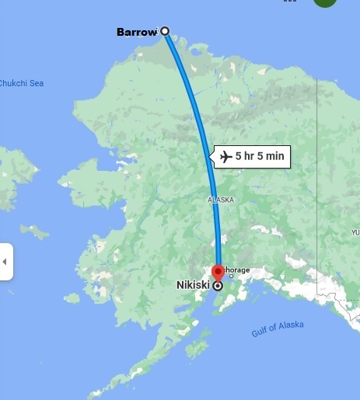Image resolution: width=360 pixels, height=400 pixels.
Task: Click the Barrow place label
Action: pos(136,32)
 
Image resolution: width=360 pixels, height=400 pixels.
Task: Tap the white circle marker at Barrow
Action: pos(165,31)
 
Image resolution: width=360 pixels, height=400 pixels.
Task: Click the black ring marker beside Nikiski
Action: pos(217,285)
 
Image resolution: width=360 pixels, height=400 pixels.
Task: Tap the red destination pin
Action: pos(218,272)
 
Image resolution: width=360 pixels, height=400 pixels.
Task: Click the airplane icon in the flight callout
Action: pos(225,157)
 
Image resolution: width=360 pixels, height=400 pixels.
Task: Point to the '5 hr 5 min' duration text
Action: pos(260,157)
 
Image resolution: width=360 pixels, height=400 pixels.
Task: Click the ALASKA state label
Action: pos(220,200)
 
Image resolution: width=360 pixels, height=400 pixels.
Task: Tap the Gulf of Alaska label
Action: pos(278,329)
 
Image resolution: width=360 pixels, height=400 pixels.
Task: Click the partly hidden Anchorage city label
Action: pos(237,270)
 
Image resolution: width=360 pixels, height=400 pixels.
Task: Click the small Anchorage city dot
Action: pos(230,277)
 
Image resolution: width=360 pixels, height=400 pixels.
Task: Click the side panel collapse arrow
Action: pos(5,262)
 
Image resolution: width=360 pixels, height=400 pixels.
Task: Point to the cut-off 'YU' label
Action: pos(355,232)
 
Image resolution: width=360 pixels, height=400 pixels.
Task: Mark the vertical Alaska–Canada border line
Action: pos(316,194)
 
